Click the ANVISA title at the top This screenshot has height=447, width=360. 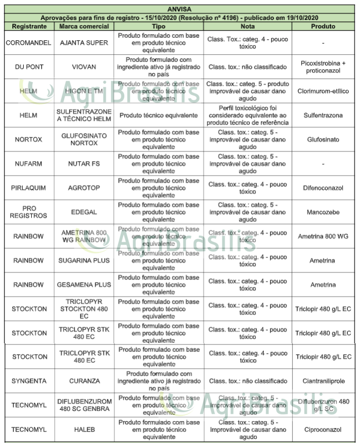179,9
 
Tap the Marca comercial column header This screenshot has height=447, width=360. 84,26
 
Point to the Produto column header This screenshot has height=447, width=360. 322,26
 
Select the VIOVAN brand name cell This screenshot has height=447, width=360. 84,67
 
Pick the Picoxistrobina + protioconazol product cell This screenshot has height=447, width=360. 323,67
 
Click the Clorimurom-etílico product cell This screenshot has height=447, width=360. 323,91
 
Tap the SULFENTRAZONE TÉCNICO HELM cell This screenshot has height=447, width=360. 84,115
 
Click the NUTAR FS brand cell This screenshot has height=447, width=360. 84,163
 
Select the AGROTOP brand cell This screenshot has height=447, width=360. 84,188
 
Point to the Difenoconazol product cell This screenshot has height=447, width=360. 323,188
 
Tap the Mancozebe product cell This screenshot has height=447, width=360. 323,212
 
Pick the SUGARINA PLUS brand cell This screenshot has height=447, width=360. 84,260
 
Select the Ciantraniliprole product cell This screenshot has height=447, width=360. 323,381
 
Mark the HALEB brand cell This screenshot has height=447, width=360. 84,430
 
